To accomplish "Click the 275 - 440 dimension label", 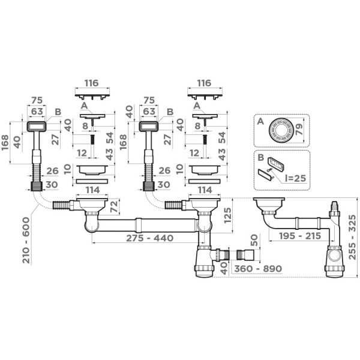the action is tap(149, 238).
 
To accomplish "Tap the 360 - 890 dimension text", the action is tap(258, 269).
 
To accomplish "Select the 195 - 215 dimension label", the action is tap(300, 236).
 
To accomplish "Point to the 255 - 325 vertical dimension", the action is tap(352, 237).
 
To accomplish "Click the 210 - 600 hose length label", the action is tap(26, 241).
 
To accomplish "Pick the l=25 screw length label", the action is tap(295, 178).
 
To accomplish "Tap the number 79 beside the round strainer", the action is tap(299, 130).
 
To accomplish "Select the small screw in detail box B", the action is tap(269, 170).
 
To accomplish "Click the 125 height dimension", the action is tap(227, 215).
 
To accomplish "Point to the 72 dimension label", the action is tap(114, 206).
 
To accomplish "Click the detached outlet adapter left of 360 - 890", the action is tap(245, 255).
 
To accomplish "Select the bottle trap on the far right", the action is tap(335, 261).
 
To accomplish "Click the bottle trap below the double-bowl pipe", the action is tap(205, 261).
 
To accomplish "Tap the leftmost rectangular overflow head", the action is tap(37, 127).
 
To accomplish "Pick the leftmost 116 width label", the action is tap(92, 83).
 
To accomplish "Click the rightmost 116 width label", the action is tap(204, 83).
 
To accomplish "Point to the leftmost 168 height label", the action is tap(5, 142).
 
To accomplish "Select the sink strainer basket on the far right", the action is tap(269, 205).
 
